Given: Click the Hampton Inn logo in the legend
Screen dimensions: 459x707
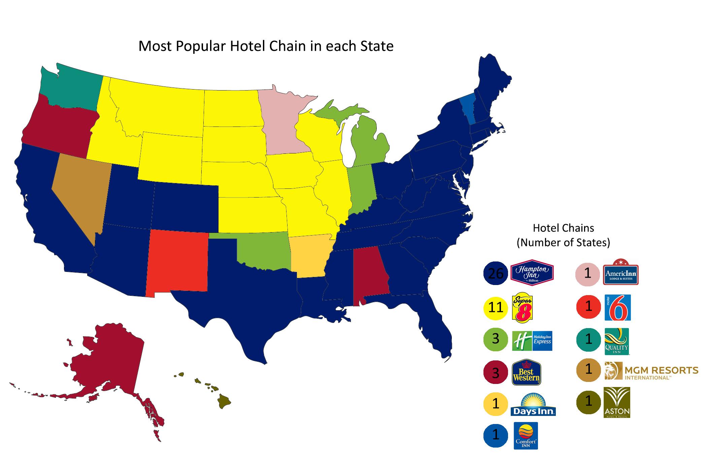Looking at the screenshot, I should tap(532, 273).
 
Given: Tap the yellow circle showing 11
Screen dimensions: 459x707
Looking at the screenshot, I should tap(495, 307).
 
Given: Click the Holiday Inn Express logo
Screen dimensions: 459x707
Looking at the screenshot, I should tap(532, 341).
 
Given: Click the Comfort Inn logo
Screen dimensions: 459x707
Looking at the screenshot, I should tap(526, 435).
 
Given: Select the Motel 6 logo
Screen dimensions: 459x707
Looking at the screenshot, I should tap(617, 308).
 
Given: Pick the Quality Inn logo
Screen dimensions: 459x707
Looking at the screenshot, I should tap(616, 341).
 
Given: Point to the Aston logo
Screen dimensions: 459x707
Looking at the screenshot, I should tap(617, 402).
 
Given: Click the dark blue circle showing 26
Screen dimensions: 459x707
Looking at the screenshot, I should tap(495, 273).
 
